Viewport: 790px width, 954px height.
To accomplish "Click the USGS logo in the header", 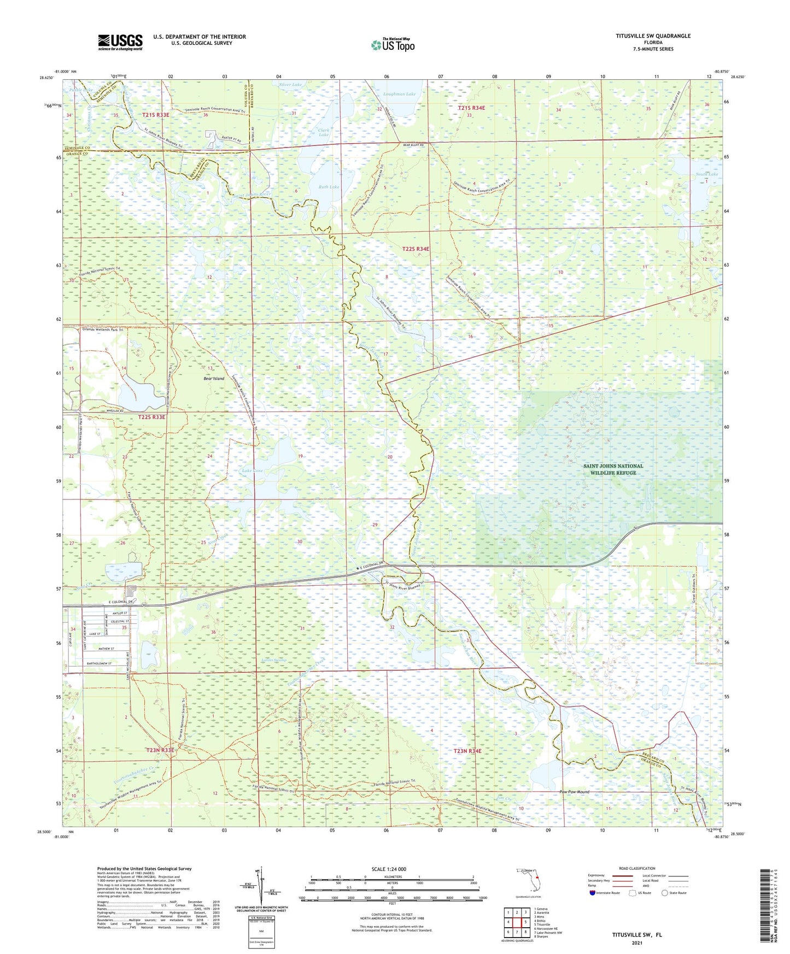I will pos(120,42).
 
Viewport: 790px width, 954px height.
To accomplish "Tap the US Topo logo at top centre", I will pos(392,45).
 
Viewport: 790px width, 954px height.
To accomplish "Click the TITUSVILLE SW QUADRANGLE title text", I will pos(645,36).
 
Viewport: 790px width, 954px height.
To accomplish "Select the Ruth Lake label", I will pos(329,187).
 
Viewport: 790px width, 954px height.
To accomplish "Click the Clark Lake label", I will pos(323,132).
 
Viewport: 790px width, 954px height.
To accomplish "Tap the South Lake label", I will pos(706,174).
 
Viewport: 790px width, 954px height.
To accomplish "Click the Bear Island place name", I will pos(214,378).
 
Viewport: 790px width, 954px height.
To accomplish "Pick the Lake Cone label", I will pos(252,470).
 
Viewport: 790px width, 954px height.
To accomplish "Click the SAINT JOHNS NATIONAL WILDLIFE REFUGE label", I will pos(613,469).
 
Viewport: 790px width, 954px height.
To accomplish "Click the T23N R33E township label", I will pos(160,750).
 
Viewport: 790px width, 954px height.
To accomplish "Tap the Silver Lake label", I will pos(290,85).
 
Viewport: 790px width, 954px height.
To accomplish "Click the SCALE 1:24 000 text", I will pos(389,869).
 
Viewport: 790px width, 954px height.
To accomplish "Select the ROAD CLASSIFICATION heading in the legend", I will pos(636,868).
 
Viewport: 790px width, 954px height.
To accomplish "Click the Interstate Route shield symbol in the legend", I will pos(592,893).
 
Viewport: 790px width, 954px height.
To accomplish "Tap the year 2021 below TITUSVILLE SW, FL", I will pos(636,943).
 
